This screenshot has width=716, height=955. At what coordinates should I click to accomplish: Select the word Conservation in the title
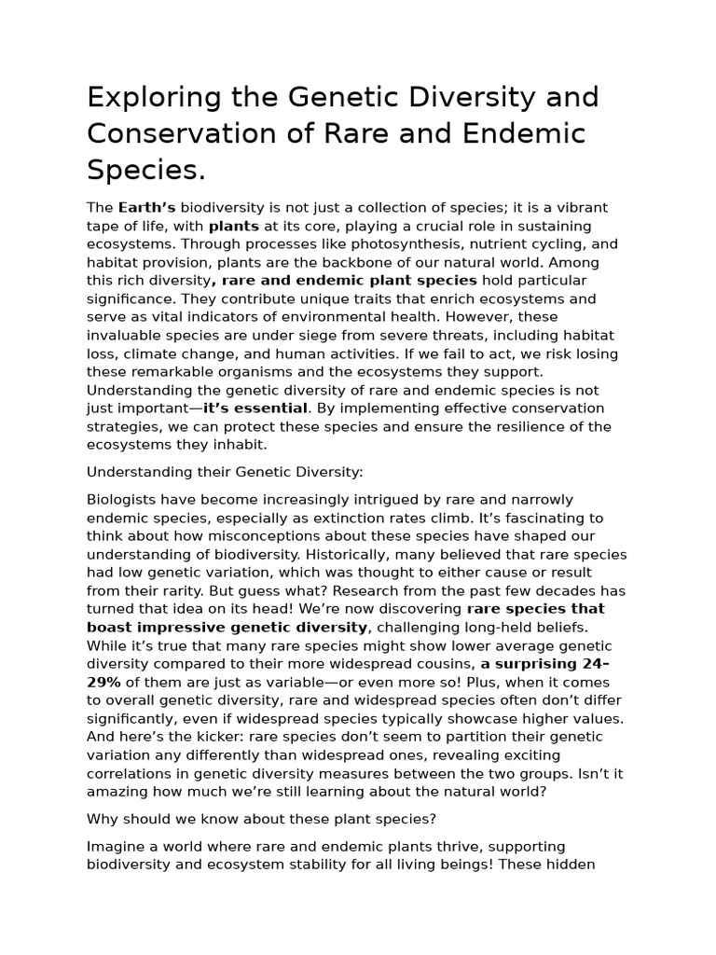tap(180, 134)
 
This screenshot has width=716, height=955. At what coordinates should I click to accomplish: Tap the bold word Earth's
tap(146, 207)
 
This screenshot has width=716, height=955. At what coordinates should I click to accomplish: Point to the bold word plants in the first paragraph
tap(234, 226)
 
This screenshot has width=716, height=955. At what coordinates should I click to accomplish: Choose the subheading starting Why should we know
tap(261, 819)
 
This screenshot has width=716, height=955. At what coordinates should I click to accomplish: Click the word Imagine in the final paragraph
tap(117, 846)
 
